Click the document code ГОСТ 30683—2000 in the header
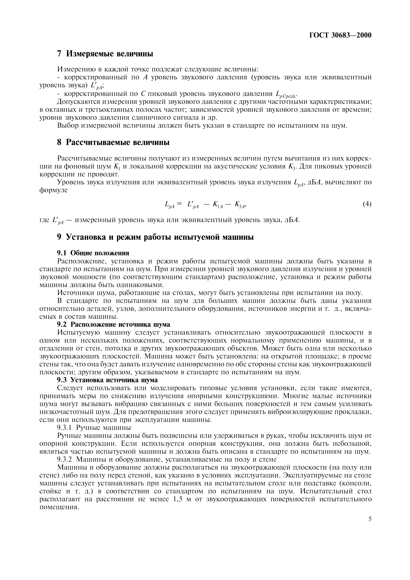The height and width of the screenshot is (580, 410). (x=340, y=35)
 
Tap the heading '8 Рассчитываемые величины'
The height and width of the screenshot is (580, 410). (x=113, y=143)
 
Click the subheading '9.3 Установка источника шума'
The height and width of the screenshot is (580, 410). (x=107, y=380)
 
